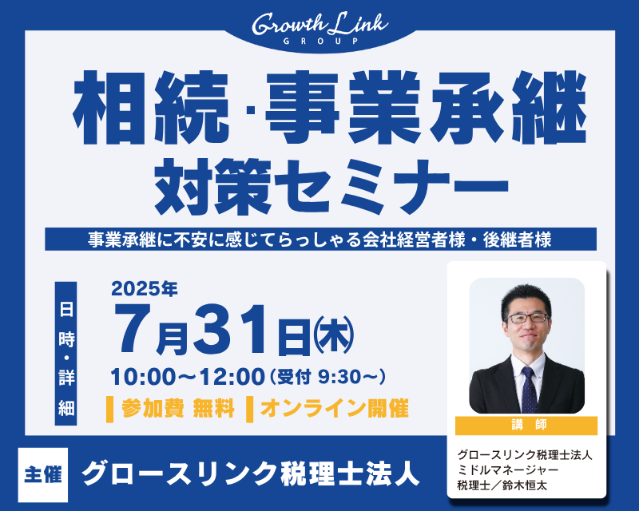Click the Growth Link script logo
(320, 25)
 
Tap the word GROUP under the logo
(320, 42)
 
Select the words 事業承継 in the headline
(426, 108)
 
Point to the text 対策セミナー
(331, 187)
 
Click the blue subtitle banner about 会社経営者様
(320, 240)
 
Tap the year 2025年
(145, 289)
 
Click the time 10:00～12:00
(188, 377)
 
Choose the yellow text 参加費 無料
(177, 408)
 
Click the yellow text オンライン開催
(334, 408)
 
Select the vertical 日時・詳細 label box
(66, 353)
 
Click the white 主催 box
(43, 475)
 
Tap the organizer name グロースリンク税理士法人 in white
(250, 473)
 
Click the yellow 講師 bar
(526, 426)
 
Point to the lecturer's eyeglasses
(527, 319)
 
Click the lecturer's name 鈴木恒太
(525, 485)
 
